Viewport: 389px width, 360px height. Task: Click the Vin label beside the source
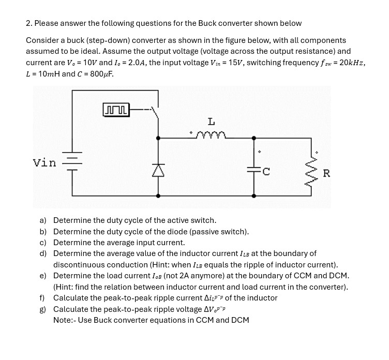[44, 163]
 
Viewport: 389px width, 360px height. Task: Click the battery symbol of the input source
[72, 162]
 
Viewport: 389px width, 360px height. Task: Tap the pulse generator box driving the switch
[116, 110]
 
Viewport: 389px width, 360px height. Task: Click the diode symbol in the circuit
[158, 168]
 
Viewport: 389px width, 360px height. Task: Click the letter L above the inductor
[211, 122]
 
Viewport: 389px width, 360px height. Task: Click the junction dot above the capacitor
[253, 138]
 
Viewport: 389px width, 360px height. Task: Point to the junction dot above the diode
[158, 138]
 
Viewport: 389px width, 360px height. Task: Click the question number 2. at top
[29, 23]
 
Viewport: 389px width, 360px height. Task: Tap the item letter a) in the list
[44, 220]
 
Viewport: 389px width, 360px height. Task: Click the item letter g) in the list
[44, 309]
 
